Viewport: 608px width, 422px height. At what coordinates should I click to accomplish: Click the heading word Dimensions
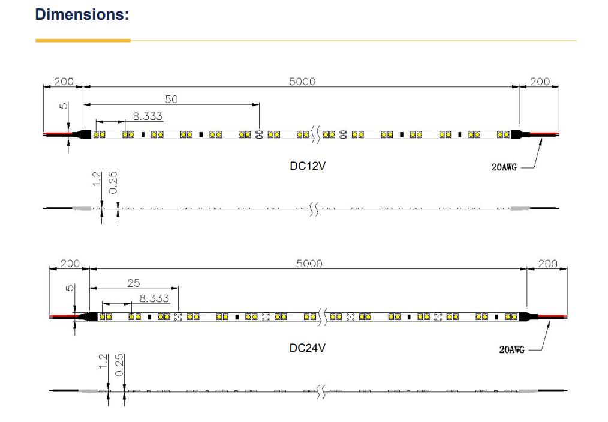pyautogui.click(x=82, y=14)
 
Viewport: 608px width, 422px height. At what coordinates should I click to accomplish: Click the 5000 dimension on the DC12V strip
pyautogui.click(x=302, y=82)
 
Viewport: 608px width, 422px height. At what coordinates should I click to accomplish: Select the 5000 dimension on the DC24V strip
pyautogui.click(x=309, y=264)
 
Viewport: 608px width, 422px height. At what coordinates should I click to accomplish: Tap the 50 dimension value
pyautogui.click(x=171, y=99)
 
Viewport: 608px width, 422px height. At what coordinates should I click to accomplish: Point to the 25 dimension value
pyautogui.click(x=133, y=282)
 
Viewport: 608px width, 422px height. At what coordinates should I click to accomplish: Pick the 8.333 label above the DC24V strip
pyautogui.click(x=154, y=298)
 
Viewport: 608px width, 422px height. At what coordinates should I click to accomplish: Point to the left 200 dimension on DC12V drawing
pyautogui.click(x=64, y=82)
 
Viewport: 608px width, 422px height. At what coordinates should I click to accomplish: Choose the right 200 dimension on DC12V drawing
pyautogui.click(x=540, y=82)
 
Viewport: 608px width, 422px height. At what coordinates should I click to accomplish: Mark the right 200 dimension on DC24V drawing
pyautogui.click(x=547, y=264)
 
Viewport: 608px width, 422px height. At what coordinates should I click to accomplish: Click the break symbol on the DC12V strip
pyautogui.click(x=316, y=134)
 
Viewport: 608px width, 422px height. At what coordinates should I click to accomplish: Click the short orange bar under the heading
pyautogui.click(x=83, y=41)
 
